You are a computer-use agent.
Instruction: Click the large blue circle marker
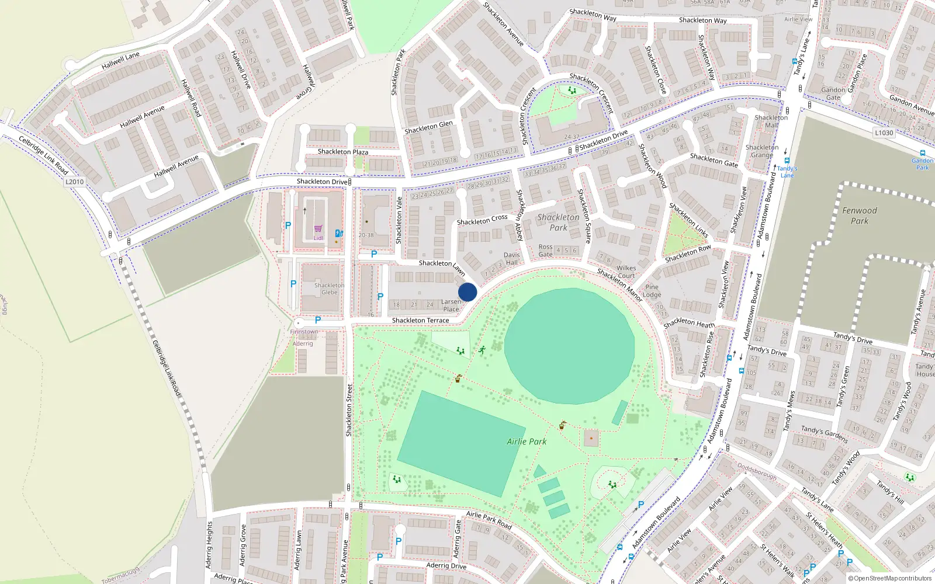[x=467, y=292]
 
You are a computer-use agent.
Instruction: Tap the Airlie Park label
[x=527, y=442]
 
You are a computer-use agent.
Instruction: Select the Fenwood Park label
[x=859, y=215]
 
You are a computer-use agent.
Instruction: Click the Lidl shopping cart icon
[x=318, y=229]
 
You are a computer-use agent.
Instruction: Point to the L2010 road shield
[x=74, y=182]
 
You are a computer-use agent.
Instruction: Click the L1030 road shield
[x=884, y=133]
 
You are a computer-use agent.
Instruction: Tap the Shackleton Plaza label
[x=343, y=152]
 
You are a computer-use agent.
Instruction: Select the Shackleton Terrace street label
[x=420, y=320]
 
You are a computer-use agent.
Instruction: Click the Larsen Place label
[x=451, y=305]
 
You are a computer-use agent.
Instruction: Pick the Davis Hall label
[x=511, y=259]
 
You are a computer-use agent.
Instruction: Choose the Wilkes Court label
[x=626, y=272]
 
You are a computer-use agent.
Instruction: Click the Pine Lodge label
[x=652, y=291]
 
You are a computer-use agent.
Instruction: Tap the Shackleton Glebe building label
[x=329, y=288]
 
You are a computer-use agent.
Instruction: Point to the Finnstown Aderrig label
[x=304, y=338]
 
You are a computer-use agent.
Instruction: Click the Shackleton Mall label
[x=771, y=121]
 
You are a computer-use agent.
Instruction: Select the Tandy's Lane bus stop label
[x=787, y=172]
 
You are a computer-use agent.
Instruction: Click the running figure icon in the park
[x=482, y=350]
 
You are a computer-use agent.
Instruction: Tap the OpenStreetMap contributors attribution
[x=889, y=578]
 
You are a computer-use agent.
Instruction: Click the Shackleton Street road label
[x=349, y=410]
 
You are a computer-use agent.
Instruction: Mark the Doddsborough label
[x=757, y=471]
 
